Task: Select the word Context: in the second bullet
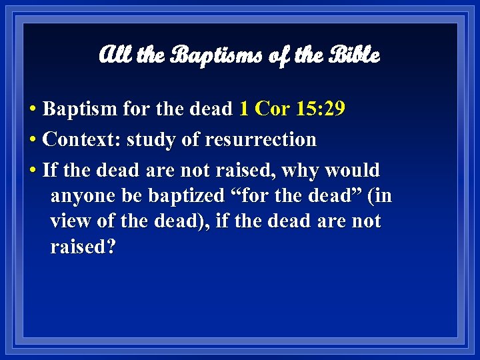pos(81,139)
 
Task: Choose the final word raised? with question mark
pos(83,247)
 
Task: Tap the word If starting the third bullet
pos(49,170)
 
